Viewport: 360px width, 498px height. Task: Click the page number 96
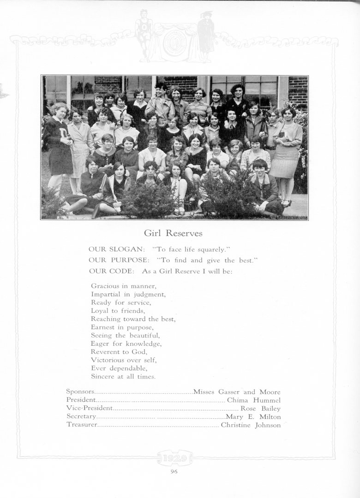tap(174, 471)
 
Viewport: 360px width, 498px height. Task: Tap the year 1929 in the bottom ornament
tap(174, 458)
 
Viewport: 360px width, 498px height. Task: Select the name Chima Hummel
tap(254, 400)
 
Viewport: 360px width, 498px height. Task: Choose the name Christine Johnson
tap(251, 425)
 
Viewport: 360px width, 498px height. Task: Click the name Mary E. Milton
tap(253, 417)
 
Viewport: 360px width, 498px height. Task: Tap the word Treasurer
tap(82, 425)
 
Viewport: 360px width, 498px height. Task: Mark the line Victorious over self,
tap(124, 360)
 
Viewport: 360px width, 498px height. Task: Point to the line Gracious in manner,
tap(124, 286)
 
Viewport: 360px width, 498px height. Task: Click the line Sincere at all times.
tap(123, 377)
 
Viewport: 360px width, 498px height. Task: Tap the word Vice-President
tap(89, 409)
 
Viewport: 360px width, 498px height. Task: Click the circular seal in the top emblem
tap(175, 43)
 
